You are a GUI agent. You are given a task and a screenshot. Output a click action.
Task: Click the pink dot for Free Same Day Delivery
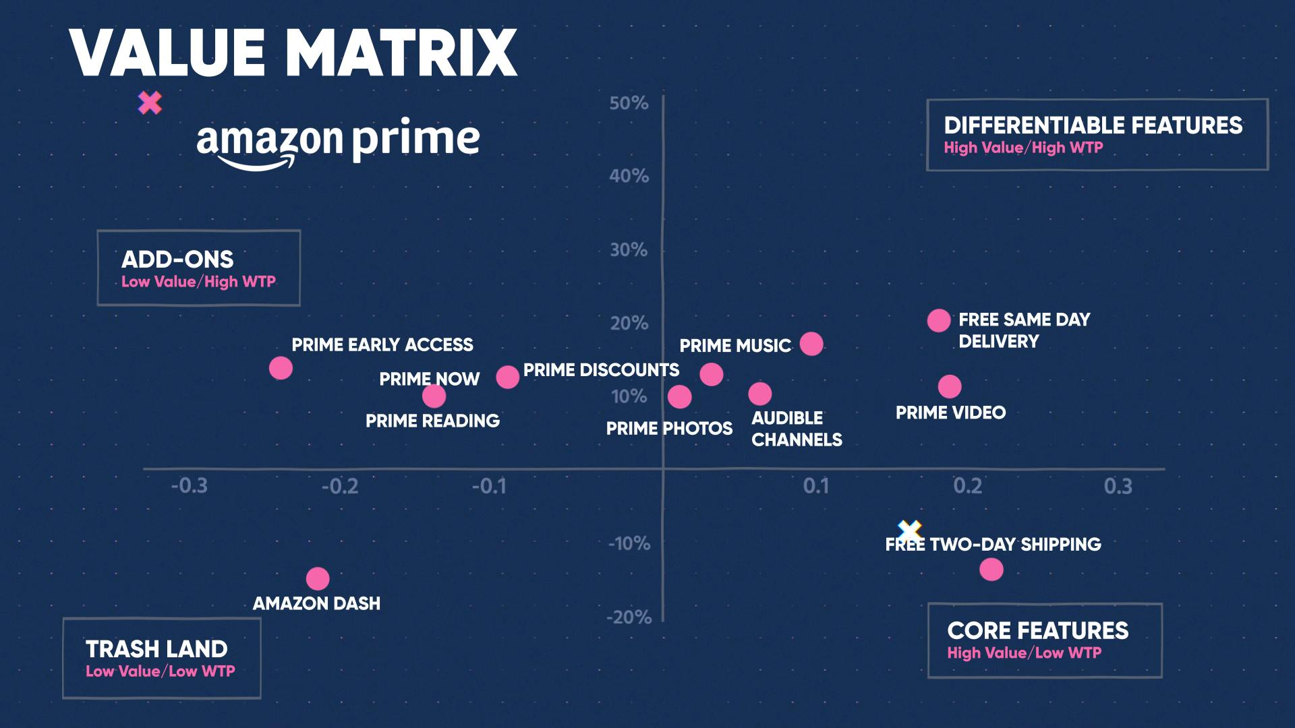click(938, 321)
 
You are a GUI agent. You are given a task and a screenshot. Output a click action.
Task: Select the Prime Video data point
click(950, 387)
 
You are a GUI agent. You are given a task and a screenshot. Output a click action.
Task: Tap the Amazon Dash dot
click(318, 578)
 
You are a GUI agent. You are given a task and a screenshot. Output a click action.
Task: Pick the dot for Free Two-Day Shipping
click(991, 570)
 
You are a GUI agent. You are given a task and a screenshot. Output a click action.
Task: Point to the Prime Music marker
click(811, 344)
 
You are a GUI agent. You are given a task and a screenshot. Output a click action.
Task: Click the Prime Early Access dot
click(281, 368)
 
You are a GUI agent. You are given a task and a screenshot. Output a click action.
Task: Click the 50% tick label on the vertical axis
click(629, 103)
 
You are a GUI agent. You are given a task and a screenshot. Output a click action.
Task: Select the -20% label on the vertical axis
click(629, 617)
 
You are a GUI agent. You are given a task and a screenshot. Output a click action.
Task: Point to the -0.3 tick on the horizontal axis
click(190, 486)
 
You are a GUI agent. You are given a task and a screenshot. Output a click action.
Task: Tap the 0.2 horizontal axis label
click(967, 486)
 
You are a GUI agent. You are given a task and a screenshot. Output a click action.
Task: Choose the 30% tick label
click(629, 250)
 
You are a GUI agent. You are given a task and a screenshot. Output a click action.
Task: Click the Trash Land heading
click(156, 649)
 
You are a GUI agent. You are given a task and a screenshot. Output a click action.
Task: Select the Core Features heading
click(1037, 631)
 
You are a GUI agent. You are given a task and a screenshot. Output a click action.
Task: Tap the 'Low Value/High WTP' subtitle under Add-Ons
click(198, 282)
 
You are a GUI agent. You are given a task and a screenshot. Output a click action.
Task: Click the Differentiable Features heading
click(1093, 125)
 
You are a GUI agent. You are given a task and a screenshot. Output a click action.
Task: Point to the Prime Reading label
click(432, 421)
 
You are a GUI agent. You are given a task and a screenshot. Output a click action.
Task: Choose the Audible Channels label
click(797, 429)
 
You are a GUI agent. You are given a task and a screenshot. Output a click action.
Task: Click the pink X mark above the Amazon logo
click(150, 103)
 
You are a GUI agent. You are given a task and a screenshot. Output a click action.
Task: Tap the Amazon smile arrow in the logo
click(256, 162)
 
